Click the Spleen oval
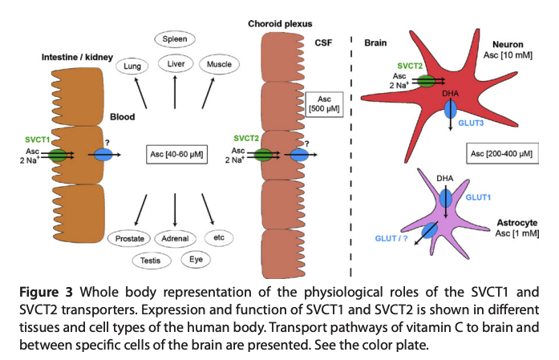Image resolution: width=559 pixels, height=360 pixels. point(175,38)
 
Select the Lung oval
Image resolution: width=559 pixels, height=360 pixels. point(134,67)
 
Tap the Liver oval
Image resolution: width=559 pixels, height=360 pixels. point(175,63)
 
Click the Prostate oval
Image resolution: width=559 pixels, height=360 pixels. point(129,238)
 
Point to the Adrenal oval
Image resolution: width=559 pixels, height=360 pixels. point(175,238)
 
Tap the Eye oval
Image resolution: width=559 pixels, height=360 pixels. point(196,259)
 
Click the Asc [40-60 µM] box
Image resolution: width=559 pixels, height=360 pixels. point(175,154)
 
